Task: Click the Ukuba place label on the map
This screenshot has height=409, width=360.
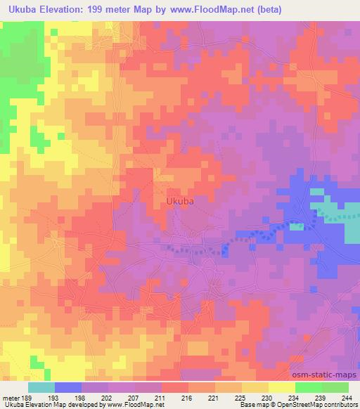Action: coord(180,201)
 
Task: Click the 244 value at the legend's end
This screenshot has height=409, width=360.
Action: coord(347,397)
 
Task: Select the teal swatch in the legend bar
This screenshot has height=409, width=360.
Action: coord(41,387)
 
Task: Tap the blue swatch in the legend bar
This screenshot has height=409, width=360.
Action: coord(68,387)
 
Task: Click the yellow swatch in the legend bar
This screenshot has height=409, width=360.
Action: coord(281,387)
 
